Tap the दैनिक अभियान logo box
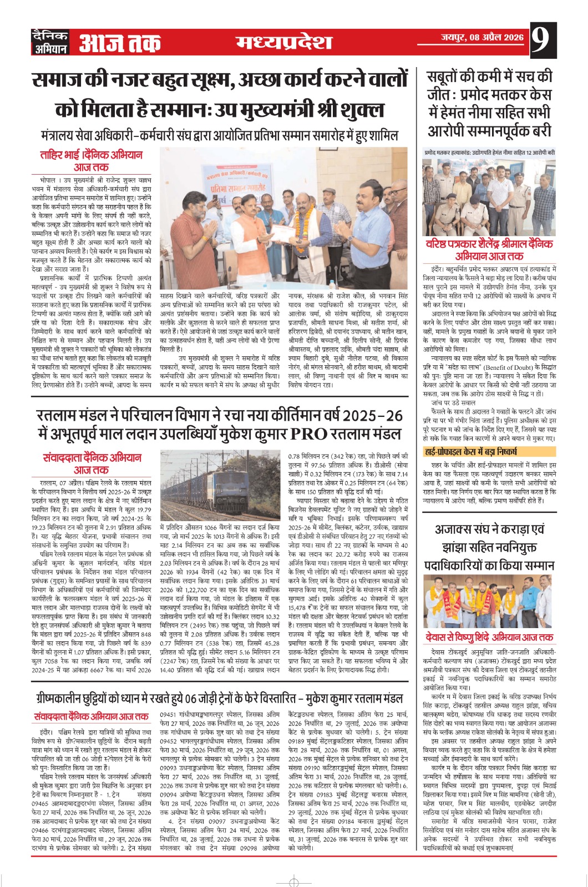50,42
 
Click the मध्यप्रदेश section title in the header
283,42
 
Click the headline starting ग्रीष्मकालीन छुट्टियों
216,698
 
